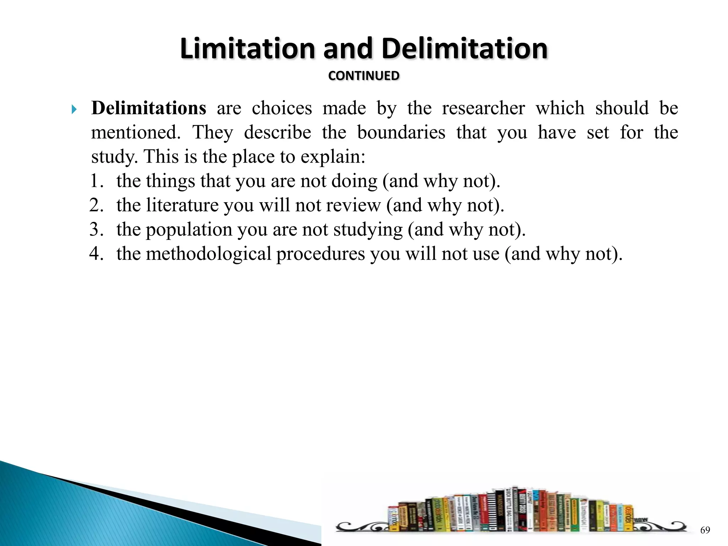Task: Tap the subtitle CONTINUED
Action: click(364, 76)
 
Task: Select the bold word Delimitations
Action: click(149, 108)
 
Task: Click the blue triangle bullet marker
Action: click(74, 109)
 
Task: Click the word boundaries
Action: click(401, 133)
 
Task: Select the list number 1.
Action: click(95, 181)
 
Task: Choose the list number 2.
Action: click(95, 205)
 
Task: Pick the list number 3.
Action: click(95, 229)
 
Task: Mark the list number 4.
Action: click(95, 254)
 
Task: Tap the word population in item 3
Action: click(189, 230)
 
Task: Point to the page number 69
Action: click(705, 531)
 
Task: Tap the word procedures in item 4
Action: click(321, 254)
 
